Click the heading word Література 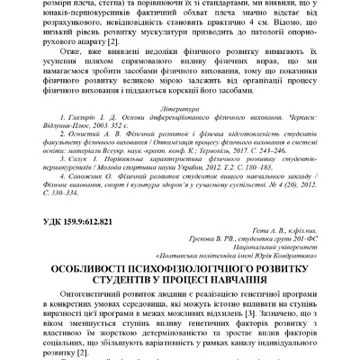point(179,130)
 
